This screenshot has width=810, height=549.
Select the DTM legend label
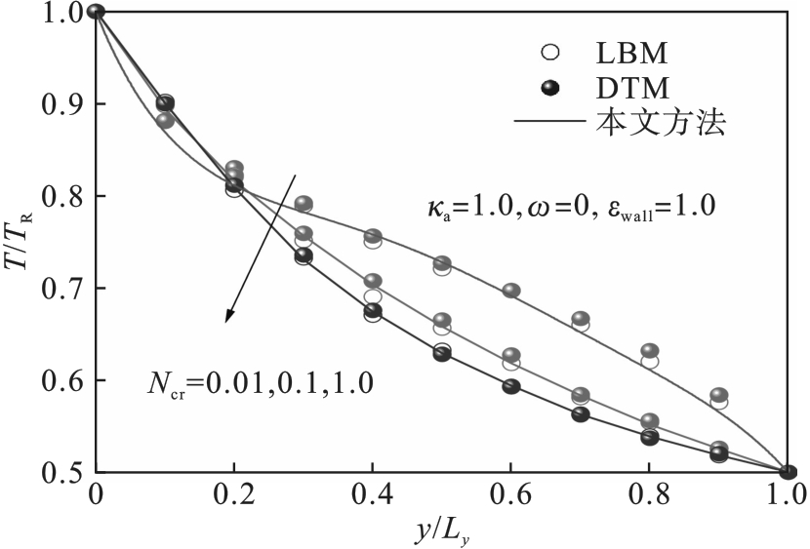click(x=631, y=89)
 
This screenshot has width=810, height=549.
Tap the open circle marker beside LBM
click(x=551, y=49)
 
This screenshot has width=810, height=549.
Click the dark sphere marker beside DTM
click(x=551, y=89)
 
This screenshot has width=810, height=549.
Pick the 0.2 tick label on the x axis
click(x=233, y=495)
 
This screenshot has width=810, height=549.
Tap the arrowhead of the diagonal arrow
click(x=228, y=318)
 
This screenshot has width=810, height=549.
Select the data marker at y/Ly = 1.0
click(x=789, y=473)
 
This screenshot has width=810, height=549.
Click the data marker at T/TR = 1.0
click(x=96, y=12)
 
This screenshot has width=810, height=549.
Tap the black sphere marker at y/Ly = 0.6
click(x=511, y=386)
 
